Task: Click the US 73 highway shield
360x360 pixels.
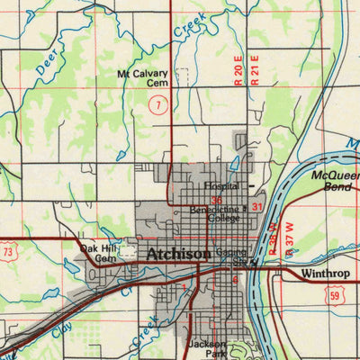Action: [7, 254]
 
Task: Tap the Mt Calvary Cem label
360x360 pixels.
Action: [144, 78]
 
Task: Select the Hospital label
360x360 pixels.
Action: [220, 186]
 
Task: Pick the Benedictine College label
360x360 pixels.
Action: [214, 214]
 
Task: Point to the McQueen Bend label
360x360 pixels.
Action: [335, 182]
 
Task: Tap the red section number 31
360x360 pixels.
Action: [257, 207]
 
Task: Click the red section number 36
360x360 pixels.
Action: [216, 200]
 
